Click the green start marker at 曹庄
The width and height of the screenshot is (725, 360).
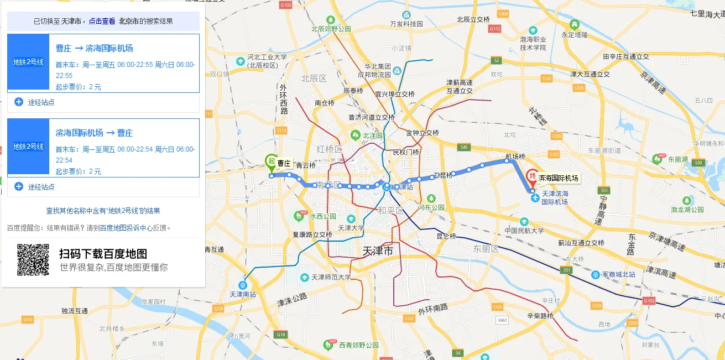coord(270,161)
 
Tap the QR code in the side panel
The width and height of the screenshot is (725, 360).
coord(33,260)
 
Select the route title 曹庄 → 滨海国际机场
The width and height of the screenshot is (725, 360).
coord(94,48)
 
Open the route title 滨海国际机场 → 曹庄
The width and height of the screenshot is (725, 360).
coord(94,133)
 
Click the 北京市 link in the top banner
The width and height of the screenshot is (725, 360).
coord(128,21)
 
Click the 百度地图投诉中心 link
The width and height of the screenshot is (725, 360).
coord(126,227)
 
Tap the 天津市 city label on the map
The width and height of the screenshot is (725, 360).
coord(378,251)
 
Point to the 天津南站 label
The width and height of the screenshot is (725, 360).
coord(243,294)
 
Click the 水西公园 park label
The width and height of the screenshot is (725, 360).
coord(323,216)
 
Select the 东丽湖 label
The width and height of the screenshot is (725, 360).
coord(677,159)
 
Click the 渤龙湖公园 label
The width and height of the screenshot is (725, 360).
coord(687,210)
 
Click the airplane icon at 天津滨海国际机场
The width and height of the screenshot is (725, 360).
coord(535,198)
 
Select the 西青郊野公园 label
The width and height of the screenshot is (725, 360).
coord(358,345)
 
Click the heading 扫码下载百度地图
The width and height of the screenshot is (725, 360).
coord(103,254)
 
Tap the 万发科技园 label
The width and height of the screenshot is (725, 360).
coord(406,24)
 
